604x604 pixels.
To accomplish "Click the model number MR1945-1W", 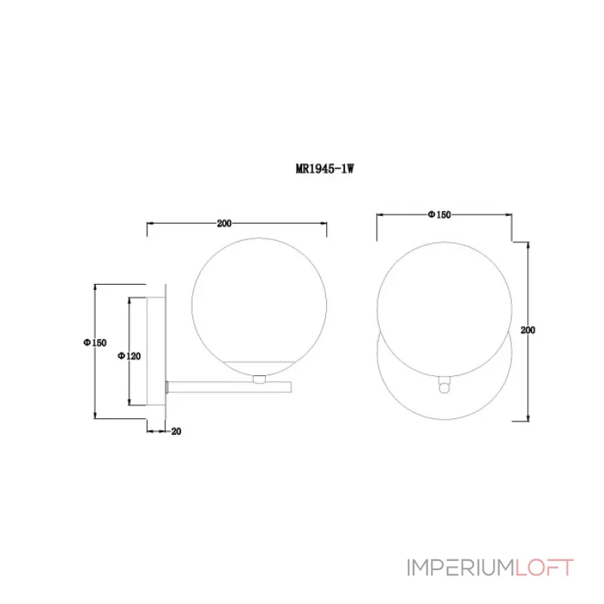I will [324, 170].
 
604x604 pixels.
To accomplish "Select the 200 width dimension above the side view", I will [223, 223].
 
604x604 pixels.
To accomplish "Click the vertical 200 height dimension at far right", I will [528, 330].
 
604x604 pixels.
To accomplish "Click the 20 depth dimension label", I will [176, 432].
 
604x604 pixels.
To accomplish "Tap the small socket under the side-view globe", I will [260, 379].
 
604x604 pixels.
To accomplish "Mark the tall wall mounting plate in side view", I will [165, 351].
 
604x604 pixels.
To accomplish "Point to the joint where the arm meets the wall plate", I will [167, 386].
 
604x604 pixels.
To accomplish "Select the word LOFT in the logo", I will [544, 568].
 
